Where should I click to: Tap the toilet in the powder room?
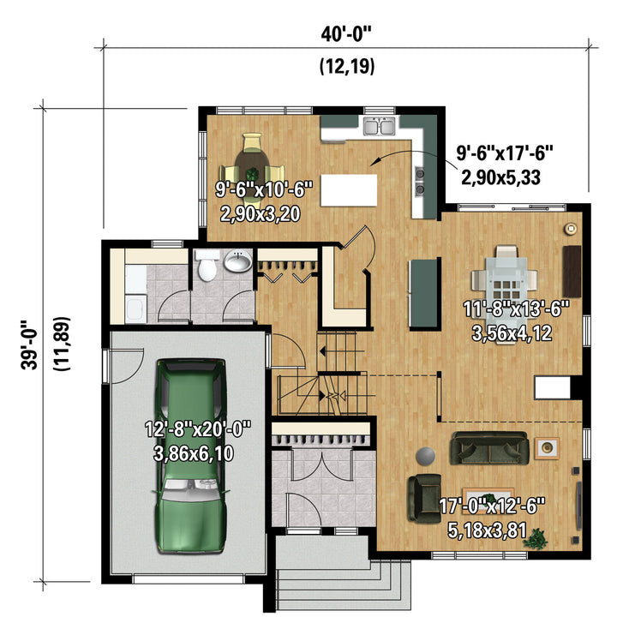click(x=207, y=266)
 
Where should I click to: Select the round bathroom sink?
click(x=238, y=261)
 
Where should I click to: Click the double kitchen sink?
click(x=379, y=126)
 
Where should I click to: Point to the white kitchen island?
click(x=349, y=190)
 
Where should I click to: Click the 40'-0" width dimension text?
click(x=346, y=34)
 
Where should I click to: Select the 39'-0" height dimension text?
click(x=30, y=344)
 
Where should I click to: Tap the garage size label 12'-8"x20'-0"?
click(x=198, y=428)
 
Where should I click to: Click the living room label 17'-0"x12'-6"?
click(x=492, y=506)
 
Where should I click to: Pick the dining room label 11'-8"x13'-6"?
click(x=516, y=309)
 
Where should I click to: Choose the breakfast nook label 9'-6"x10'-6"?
click(x=264, y=189)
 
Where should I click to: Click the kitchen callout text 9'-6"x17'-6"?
click(x=505, y=153)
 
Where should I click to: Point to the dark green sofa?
click(x=489, y=448)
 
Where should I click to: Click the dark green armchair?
click(x=424, y=497)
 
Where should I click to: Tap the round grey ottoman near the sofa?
click(x=425, y=456)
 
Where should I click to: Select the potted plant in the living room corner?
click(x=536, y=539)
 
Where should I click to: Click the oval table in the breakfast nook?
click(x=252, y=170)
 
